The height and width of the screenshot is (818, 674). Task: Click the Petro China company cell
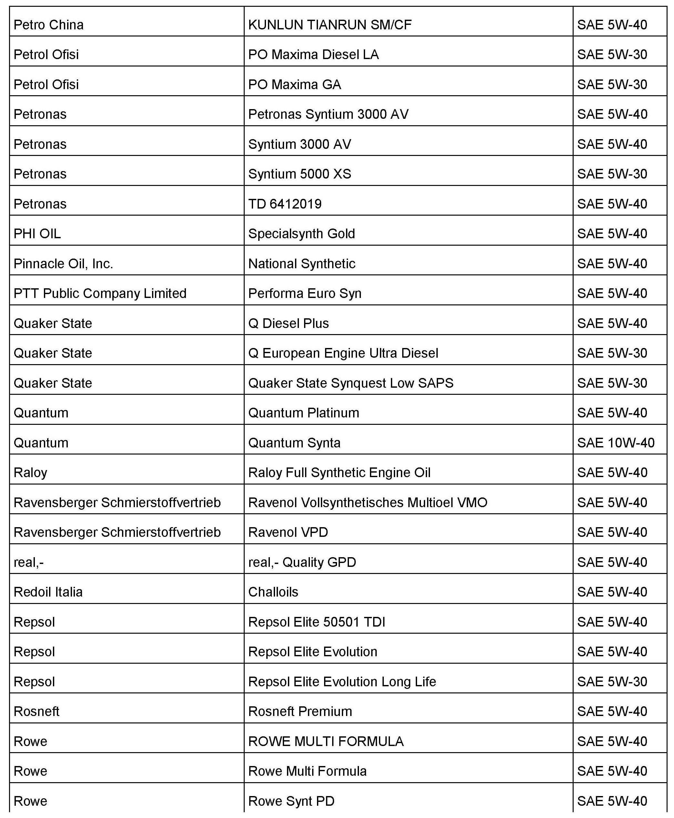click(x=48, y=25)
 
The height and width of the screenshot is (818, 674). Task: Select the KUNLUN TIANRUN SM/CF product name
click(x=330, y=25)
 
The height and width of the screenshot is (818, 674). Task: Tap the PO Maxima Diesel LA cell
click(x=313, y=54)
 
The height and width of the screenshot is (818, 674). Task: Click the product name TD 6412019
click(x=285, y=204)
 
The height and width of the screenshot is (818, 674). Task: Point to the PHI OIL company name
click(x=37, y=234)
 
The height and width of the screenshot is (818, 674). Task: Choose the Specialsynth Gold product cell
click(x=302, y=234)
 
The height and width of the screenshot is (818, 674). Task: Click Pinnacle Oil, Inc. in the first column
click(x=63, y=264)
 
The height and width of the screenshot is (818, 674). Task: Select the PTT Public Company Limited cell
click(x=100, y=293)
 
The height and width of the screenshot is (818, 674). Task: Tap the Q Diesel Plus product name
click(x=289, y=323)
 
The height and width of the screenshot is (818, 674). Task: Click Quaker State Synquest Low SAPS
click(x=351, y=383)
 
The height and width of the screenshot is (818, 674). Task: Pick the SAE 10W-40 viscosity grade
click(x=616, y=443)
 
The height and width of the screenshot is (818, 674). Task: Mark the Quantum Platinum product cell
click(x=304, y=413)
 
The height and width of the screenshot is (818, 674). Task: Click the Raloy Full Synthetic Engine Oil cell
click(x=339, y=473)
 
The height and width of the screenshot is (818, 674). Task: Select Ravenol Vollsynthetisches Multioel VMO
click(x=368, y=502)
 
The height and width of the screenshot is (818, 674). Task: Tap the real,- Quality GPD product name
click(x=302, y=562)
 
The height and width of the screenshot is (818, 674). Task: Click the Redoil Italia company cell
click(x=48, y=592)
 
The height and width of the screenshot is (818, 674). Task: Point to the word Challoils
click(x=273, y=592)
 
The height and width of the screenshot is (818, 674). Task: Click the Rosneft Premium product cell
click(x=300, y=711)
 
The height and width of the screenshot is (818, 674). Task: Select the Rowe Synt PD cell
click(x=291, y=801)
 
